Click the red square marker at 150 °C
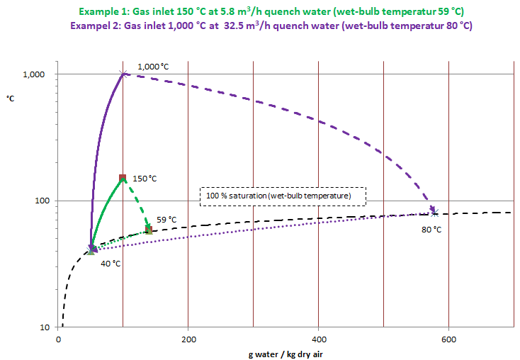click(x=123, y=178)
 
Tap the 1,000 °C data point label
click(x=153, y=66)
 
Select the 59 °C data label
click(x=166, y=220)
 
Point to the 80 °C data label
click(x=431, y=230)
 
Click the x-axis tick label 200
click(x=188, y=339)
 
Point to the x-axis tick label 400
click(x=318, y=339)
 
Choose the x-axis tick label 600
click(x=448, y=339)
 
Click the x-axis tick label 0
click(x=58, y=339)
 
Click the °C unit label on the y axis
click(x=11, y=98)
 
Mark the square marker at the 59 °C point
click(x=149, y=230)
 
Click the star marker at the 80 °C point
click(x=435, y=212)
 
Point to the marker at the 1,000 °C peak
click(x=123, y=74)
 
